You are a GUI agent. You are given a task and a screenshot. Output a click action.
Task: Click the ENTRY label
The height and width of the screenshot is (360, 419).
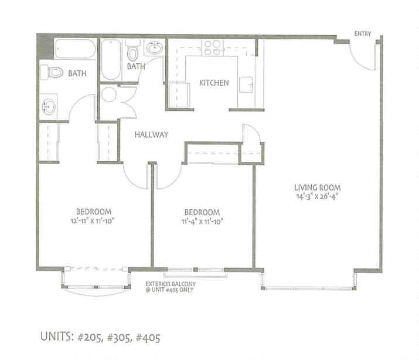click(363, 34)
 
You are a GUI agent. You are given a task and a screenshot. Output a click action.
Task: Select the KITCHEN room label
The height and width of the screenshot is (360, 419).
click(214, 83)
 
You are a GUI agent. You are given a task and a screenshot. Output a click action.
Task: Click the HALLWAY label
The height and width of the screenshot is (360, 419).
click(151, 134)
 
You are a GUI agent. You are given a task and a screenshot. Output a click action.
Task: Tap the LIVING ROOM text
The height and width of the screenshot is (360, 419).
click(318, 188)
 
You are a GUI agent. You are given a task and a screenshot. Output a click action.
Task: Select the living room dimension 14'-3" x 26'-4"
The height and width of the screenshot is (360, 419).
click(318, 196)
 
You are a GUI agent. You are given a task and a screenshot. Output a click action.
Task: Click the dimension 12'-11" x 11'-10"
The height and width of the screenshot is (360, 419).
click(94, 221)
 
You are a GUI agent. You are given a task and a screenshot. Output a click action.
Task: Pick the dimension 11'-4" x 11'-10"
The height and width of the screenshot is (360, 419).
click(202, 221)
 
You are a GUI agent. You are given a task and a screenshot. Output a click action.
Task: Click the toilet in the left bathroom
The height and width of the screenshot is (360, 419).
click(52, 73)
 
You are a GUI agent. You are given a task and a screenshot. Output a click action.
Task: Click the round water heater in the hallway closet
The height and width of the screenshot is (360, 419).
click(109, 94)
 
